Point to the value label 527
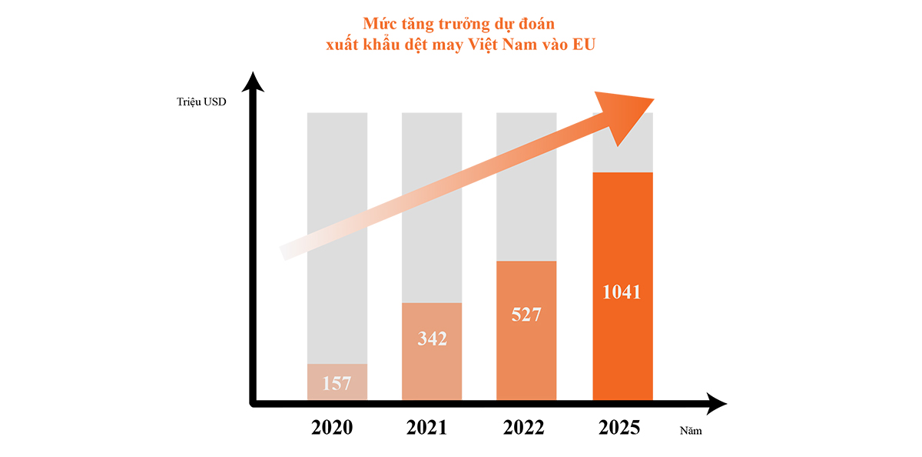pos(526,315)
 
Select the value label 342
pos(432,339)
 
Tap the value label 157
pos(337,383)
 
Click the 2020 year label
pos(332,428)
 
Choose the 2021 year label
pos(427,428)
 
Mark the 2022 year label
pos(523,428)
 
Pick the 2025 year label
pos(619,428)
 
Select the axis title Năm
pos(691,431)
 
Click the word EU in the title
pos(585,45)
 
